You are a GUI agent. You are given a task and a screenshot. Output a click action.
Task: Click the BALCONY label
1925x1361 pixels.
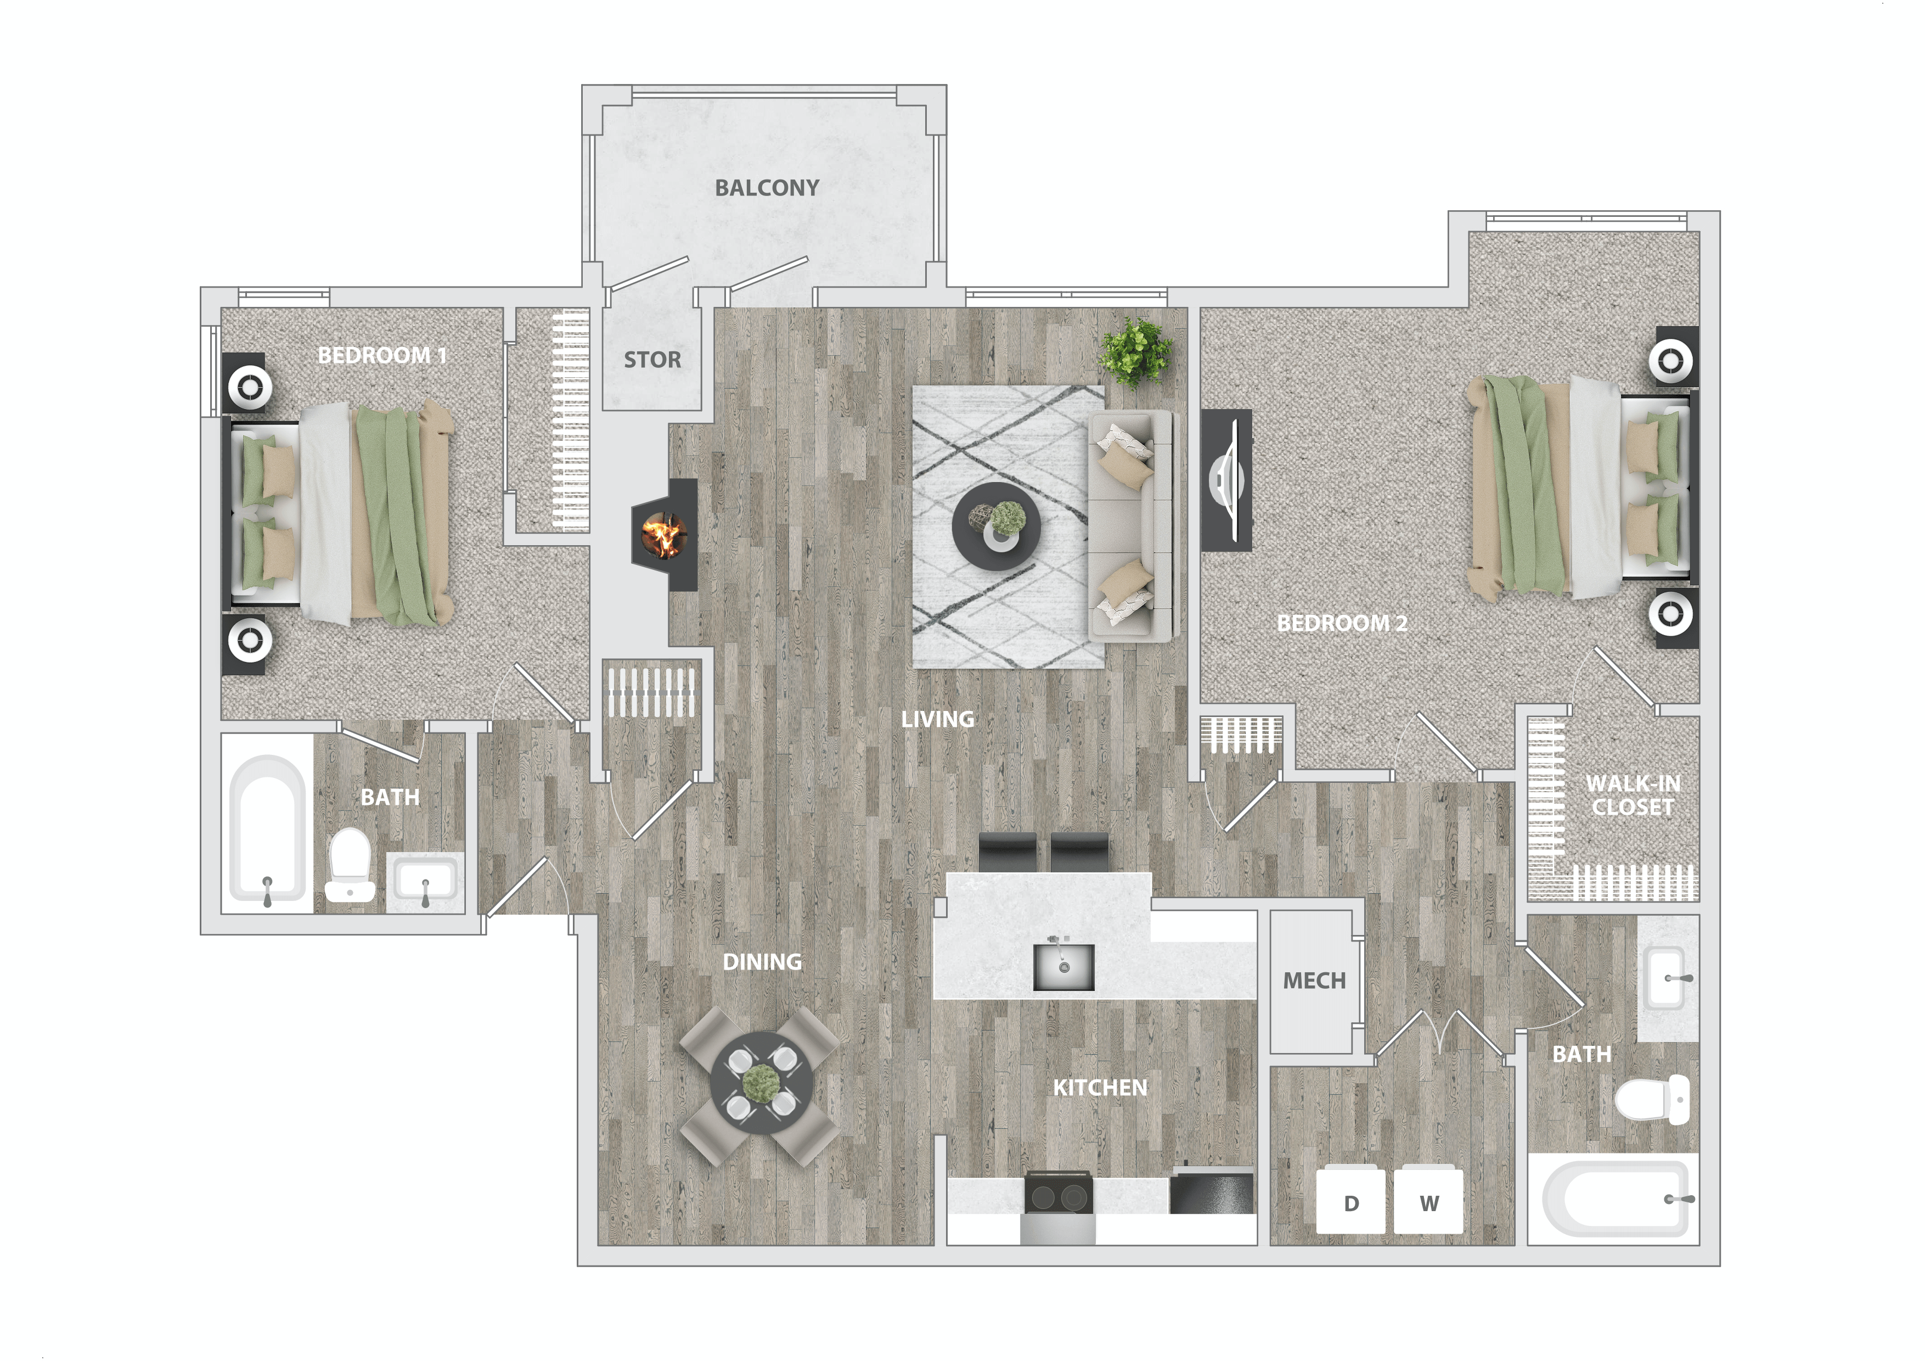point(766,188)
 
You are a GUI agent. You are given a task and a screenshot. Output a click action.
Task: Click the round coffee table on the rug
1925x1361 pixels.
point(997,527)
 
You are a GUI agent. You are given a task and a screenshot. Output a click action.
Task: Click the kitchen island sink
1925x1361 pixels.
point(1063,967)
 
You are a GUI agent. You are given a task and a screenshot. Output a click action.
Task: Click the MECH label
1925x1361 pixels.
point(1314,981)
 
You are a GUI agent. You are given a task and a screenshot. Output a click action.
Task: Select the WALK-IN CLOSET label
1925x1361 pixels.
point(1633,795)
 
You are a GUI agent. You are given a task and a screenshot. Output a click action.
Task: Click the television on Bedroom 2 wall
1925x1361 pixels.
point(1226,480)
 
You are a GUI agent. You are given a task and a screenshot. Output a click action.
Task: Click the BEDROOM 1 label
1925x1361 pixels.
point(381,356)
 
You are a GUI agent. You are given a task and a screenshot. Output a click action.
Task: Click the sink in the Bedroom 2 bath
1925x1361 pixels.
point(1665,978)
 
